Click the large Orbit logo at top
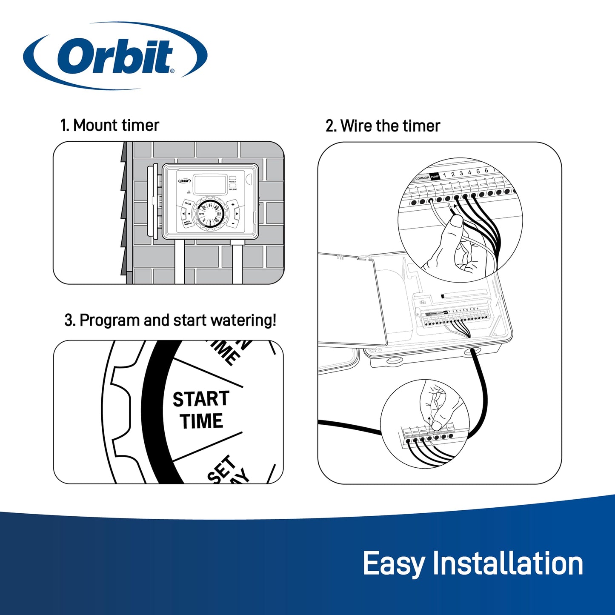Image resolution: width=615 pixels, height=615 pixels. pyautogui.click(x=115, y=56)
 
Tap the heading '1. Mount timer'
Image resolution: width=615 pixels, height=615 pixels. pyautogui.click(x=109, y=126)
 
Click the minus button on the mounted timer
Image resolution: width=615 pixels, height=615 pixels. pyautogui.click(x=233, y=222)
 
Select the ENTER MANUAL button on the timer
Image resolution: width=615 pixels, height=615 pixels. pyautogui.click(x=187, y=222)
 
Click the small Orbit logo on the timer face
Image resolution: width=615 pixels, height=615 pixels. pyautogui.click(x=184, y=181)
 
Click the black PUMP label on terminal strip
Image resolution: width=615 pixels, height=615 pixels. pyautogui.click(x=435, y=177)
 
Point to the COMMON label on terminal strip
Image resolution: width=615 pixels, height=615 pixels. pyautogui.click(x=422, y=178)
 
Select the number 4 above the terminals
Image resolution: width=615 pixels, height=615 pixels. pyautogui.click(x=469, y=172)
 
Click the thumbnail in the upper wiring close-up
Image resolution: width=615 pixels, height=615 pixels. pyautogui.click(x=457, y=221)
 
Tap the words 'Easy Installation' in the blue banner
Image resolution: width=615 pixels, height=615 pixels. pyautogui.click(x=472, y=564)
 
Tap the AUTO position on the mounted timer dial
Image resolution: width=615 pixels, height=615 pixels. pyautogui.click(x=202, y=214)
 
